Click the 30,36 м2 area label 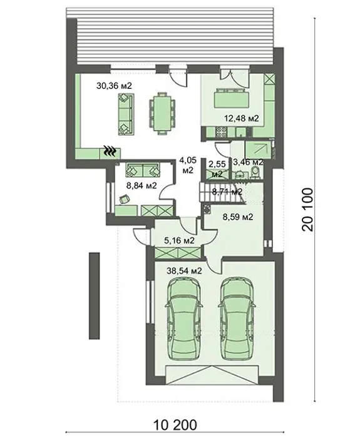coord(114,86)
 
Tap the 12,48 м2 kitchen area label coord(242,118)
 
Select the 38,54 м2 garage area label coord(184,271)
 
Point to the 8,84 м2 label coord(141,185)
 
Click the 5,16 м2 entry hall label coord(179,240)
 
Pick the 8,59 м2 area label coord(238,216)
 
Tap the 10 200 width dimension coord(175,425)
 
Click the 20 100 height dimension coord(308,210)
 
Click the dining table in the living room coord(161,113)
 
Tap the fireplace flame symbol coord(110,151)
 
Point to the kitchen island coord(232,98)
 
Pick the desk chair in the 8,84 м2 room coord(125,199)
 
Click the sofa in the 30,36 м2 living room coord(125,115)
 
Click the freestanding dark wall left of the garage coord(94,296)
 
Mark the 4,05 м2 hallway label coord(188,165)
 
